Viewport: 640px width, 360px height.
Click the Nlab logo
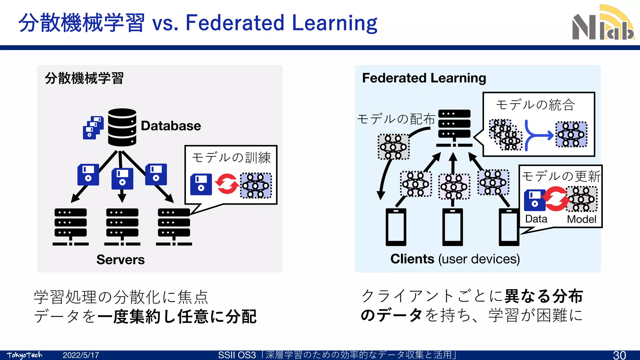pyautogui.click(x=603, y=23)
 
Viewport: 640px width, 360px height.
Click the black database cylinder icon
pyautogui.click(x=122, y=127)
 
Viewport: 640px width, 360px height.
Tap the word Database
pyautogui.click(x=171, y=126)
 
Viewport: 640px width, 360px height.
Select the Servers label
pyautogui.click(x=120, y=260)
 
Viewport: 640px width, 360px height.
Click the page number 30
pyautogui.click(x=619, y=355)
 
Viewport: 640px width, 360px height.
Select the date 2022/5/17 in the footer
pyautogui.click(x=81, y=355)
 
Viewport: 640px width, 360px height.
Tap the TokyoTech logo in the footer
pyautogui.click(x=24, y=355)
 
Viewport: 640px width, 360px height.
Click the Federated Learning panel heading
pyautogui.click(x=424, y=78)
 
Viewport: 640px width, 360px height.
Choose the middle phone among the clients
pyautogui.click(x=452, y=227)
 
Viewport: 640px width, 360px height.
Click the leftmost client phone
pyautogui.click(x=396, y=227)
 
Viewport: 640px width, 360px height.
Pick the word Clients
pyautogui.click(x=412, y=259)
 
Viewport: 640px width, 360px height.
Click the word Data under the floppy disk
pyautogui.click(x=536, y=219)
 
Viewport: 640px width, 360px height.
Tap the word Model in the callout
pyautogui.click(x=582, y=219)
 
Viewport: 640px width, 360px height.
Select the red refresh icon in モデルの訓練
pyautogui.click(x=227, y=184)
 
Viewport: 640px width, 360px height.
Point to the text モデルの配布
pyautogui.click(x=396, y=119)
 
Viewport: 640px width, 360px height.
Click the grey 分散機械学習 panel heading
pyautogui.click(x=84, y=78)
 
